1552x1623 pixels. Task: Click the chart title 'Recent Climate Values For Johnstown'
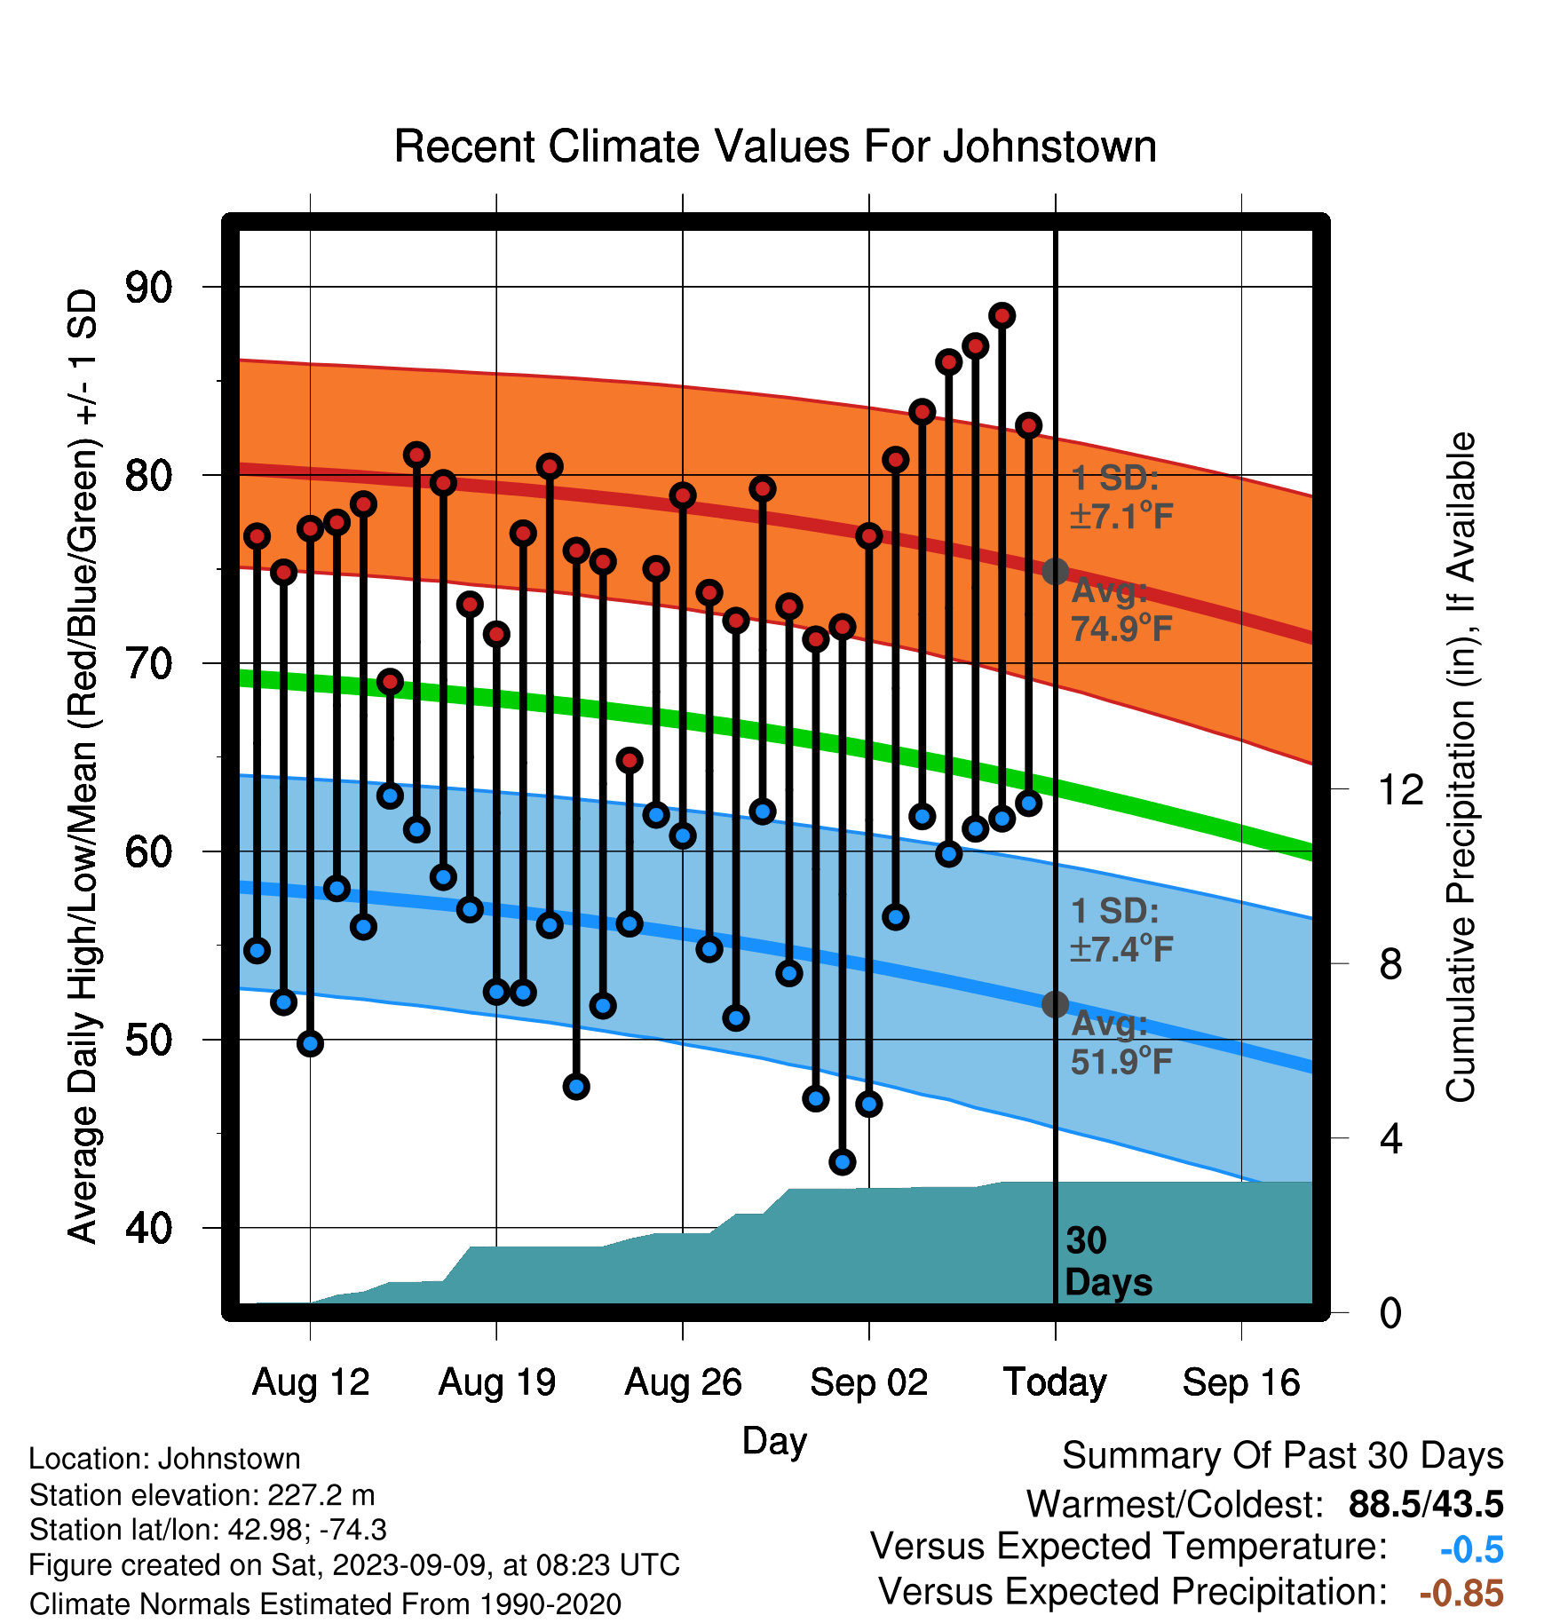(775, 146)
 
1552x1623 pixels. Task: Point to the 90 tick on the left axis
(149, 287)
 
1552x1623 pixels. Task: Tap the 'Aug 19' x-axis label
(497, 1382)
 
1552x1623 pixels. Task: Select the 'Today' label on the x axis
(1055, 1382)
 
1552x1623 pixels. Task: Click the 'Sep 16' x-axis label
(1241, 1382)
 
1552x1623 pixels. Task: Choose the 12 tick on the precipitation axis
(1401, 789)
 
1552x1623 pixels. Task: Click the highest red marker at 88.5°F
(1002, 315)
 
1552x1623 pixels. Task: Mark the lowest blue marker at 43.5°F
(843, 1161)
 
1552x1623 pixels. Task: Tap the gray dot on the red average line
(1055, 571)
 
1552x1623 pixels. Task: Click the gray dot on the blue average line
(1055, 1004)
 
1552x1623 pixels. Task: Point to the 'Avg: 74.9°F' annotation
(1122, 610)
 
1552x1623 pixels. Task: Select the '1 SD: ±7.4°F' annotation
(1122, 930)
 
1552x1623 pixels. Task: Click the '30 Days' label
(1108, 1262)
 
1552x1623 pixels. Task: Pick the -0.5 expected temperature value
(1472, 1549)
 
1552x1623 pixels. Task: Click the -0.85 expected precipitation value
(1461, 1594)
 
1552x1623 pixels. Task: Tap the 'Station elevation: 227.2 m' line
(202, 1495)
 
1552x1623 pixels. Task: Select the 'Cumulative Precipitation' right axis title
(1461, 767)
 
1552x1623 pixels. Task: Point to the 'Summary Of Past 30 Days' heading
(1283, 1456)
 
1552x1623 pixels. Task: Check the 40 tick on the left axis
(149, 1228)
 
